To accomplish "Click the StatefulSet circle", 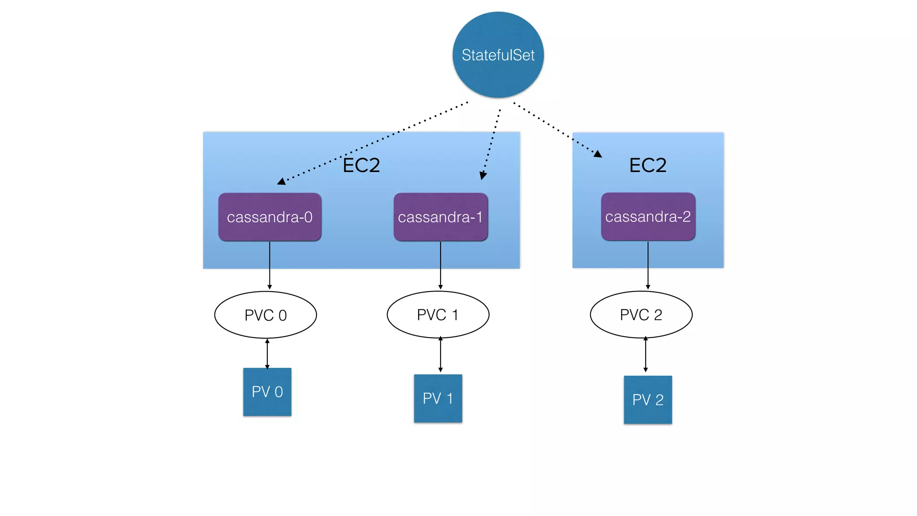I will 498,55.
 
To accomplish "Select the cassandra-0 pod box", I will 270,217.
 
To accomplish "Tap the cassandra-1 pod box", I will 441,217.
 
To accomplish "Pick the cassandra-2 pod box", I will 648,217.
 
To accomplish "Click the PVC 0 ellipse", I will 266,315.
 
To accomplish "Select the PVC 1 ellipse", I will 438,314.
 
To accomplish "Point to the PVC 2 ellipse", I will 641,314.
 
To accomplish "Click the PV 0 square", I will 267,392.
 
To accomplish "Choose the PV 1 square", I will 438,398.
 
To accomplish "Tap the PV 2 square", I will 648,400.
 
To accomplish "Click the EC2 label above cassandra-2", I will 647,165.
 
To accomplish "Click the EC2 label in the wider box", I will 361,165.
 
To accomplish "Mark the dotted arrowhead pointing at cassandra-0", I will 281,181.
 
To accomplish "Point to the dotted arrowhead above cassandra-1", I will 483,176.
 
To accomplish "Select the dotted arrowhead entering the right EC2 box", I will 598,154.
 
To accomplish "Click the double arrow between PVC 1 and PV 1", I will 441,354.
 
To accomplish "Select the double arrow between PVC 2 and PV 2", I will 645,354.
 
